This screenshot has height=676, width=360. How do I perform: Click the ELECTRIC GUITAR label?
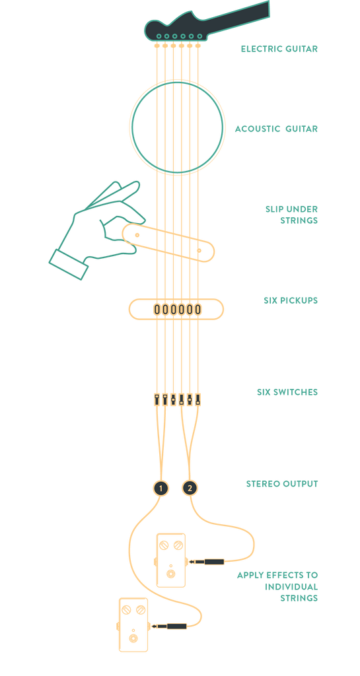pyautogui.click(x=279, y=49)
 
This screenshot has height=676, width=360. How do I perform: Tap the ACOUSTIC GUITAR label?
pyautogui.click(x=276, y=129)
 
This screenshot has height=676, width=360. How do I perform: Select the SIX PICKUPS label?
pyautogui.click(x=291, y=300)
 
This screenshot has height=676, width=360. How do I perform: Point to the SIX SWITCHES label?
pyautogui.click(x=287, y=392)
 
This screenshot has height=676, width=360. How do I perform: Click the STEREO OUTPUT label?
pyautogui.click(x=282, y=484)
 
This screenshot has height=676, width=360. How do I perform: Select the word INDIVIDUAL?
pyautogui.click(x=291, y=587)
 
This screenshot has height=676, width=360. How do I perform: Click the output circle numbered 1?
pyautogui.click(x=161, y=489)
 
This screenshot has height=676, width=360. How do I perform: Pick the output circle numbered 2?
pyautogui.click(x=190, y=489)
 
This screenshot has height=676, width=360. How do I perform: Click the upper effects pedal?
pyautogui.click(x=171, y=560)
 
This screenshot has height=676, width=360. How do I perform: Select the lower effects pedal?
pyautogui.click(x=133, y=625)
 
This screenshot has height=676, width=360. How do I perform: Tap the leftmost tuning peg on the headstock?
pyautogui.click(x=159, y=36)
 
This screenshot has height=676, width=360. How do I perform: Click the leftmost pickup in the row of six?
pyautogui.click(x=157, y=309)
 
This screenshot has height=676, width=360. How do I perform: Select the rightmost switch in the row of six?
pyautogui.click(x=198, y=399)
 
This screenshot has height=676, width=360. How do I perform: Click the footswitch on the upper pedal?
pyautogui.click(x=171, y=574)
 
